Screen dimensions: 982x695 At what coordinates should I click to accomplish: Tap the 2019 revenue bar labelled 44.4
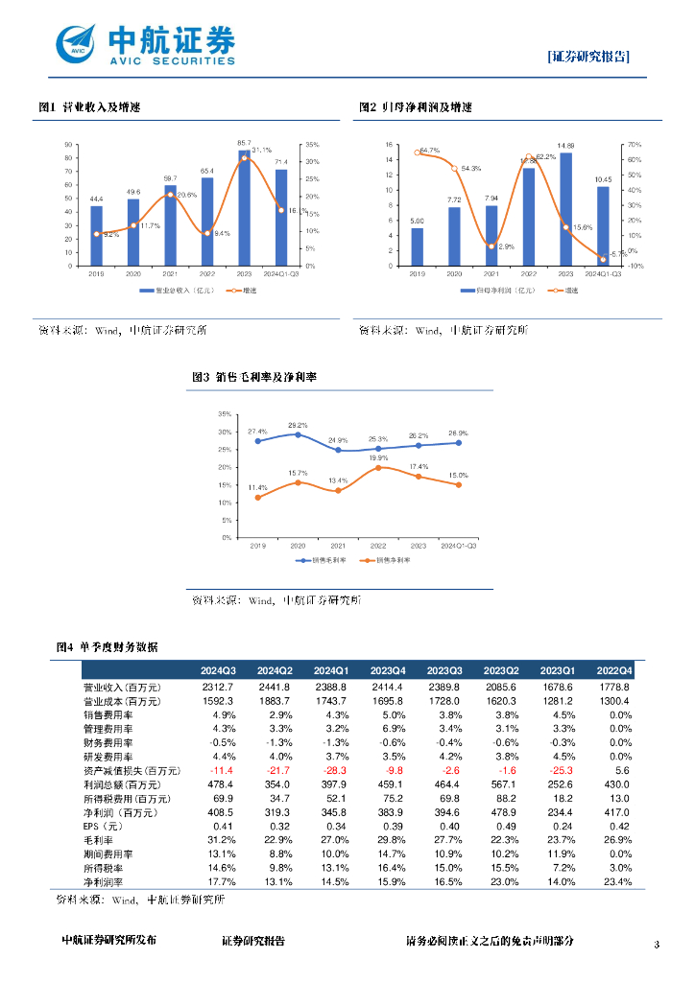click(x=96, y=236)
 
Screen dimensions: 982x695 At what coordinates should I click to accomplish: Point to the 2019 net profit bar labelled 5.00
click(x=417, y=246)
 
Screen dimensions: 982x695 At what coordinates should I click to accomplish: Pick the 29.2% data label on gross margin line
click(x=298, y=425)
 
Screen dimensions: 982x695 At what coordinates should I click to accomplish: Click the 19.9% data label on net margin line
click(x=378, y=458)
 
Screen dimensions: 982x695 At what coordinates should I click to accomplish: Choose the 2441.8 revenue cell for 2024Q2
click(x=274, y=688)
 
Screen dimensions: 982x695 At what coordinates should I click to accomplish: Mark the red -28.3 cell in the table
click(x=329, y=770)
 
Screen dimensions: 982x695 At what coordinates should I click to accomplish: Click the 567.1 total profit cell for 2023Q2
click(x=500, y=784)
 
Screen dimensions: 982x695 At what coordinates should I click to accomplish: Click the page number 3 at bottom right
click(x=657, y=946)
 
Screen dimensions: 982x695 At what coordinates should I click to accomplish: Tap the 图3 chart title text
click(x=254, y=377)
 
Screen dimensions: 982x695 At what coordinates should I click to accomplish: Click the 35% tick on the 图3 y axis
click(x=225, y=414)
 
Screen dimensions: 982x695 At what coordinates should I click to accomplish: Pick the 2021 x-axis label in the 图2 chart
click(x=491, y=274)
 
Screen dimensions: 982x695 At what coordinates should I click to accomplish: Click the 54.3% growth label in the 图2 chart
click(x=470, y=169)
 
